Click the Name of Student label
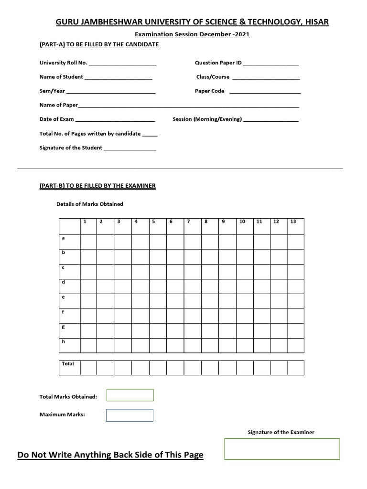pos(61,76)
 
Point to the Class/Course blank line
pos(266,78)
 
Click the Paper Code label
pos(209,91)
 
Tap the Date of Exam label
pos(56,119)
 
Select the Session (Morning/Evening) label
pos(207,119)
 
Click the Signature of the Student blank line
pos(130,149)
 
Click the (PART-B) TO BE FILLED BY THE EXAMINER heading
pos(97,185)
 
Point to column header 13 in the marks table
pos(293,222)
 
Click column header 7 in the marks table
pos(189,222)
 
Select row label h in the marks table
pos(64,342)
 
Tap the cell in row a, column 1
pos(88,242)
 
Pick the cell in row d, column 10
pos(244,286)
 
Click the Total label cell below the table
pos(68,367)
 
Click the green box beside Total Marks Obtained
pos(130,395)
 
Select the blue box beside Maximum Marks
pos(130,415)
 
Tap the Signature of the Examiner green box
pos(282,449)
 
